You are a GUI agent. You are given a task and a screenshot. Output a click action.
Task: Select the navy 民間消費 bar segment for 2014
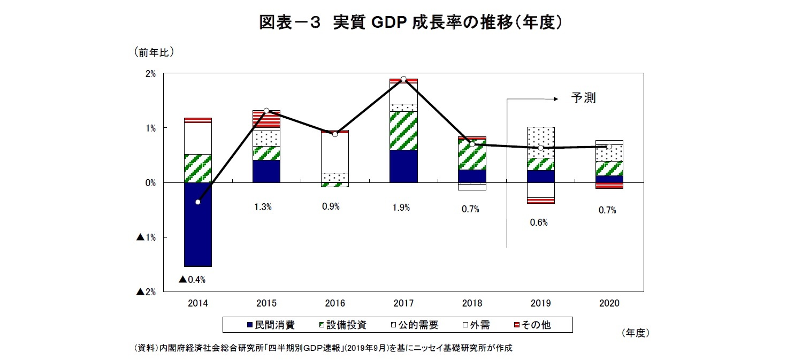tap(197, 224)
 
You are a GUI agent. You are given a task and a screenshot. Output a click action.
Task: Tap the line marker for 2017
tap(403, 79)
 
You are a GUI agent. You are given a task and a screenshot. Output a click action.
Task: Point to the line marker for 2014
tap(198, 202)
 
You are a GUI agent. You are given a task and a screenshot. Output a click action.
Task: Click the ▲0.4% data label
tap(192, 279)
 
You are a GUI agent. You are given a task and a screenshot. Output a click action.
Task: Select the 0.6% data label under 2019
tap(539, 223)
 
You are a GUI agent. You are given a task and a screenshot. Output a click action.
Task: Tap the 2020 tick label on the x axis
tap(609, 303)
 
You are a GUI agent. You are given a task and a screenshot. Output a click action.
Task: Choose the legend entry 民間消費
tap(270, 325)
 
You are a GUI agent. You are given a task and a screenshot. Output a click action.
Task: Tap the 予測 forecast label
tap(583, 98)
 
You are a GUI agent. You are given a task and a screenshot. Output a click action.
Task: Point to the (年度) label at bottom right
tap(636, 333)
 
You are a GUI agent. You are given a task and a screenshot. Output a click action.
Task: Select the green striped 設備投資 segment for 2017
tap(403, 131)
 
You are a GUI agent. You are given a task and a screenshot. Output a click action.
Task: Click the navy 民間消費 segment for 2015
tap(266, 171)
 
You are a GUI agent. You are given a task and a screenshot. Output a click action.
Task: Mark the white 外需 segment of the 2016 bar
tap(335, 152)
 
